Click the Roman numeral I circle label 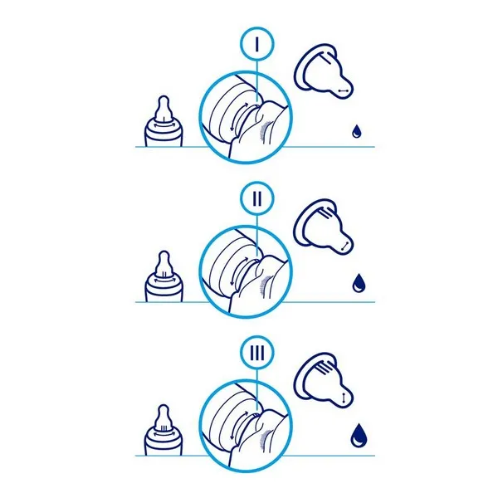[256, 44]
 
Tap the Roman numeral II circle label [256, 198]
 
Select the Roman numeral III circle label [256, 354]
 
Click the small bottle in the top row [164, 121]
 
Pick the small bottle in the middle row [164, 276]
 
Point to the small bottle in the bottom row [164, 430]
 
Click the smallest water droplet [357, 131]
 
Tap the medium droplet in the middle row [359, 283]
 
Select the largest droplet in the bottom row [359, 435]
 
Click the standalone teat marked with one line [322, 71]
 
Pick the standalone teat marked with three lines [322, 380]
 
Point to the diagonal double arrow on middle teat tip [344, 246]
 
